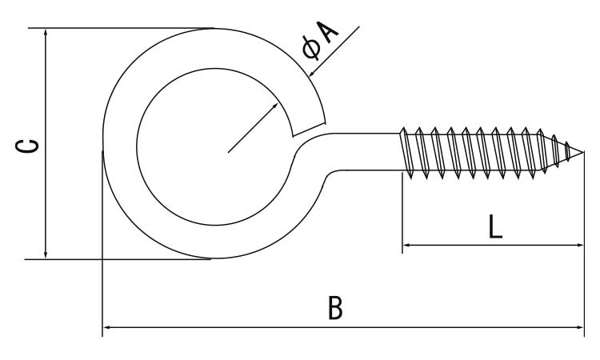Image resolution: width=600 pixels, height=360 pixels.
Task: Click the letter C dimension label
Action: tap(27, 145)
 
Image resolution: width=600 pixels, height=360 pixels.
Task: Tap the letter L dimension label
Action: tap(495, 226)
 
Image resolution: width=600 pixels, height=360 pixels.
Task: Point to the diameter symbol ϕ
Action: tap(311, 49)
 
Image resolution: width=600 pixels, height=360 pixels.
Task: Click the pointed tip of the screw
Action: tap(583, 152)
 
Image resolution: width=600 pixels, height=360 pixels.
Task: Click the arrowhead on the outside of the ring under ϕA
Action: tap(312, 74)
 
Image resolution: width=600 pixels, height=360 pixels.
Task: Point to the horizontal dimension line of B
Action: tap(240, 326)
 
